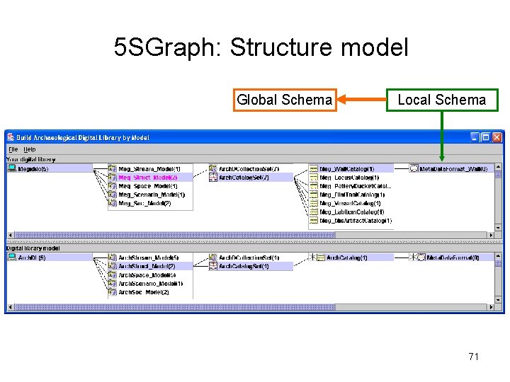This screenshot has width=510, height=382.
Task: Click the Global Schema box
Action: tap(284, 100)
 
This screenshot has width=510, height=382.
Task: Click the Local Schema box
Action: tap(442, 100)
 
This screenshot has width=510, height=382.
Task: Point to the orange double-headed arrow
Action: tap(361, 100)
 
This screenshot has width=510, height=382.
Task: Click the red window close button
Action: tap(497, 137)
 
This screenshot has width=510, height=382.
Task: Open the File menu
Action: tap(13, 149)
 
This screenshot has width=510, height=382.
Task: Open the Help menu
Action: tap(29, 149)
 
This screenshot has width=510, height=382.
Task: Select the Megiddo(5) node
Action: tap(33, 169)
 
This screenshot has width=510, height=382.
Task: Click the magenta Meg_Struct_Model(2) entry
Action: tap(147, 178)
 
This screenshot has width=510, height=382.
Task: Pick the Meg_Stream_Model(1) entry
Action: tap(149, 169)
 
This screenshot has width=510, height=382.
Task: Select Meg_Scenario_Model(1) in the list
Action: tap(151, 195)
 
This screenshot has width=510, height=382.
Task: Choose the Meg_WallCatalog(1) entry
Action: tap(346, 169)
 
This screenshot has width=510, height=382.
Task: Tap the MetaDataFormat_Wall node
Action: tap(453, 169)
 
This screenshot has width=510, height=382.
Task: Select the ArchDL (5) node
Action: tap(31, 258)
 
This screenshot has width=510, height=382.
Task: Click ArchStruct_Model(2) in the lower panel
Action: tap(146, 267)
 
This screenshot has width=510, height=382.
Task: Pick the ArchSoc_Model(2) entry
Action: tap(143, 292)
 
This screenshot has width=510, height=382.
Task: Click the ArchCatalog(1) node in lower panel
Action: tap(346, 258)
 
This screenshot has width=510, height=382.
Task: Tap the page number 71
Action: tap(473, 357)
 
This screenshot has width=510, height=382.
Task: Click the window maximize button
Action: tap(486, 137)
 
